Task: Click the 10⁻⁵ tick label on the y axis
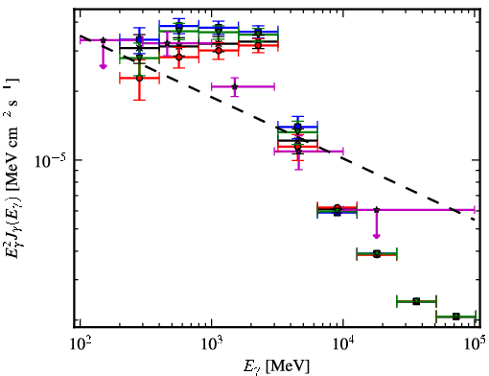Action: [x=50, y=160]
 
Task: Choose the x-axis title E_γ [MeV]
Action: [x=276, y=365]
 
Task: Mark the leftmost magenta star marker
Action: [x=103, y=40]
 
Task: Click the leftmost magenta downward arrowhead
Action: [x=103, y=66]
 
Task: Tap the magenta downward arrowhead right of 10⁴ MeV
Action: [x=377, y=236]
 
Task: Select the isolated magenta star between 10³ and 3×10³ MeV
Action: [x=235, y=86]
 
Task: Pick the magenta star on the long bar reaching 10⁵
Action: [x=377, y=210]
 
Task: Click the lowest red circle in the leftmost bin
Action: [x=139, y=78]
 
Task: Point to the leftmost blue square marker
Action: [x=139, y=40]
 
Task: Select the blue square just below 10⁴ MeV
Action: [x=337, y=212]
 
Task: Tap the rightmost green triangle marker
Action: [x=456, y=317]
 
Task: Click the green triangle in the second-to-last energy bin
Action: [x=416, y=301]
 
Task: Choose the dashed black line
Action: [x=277, y=128]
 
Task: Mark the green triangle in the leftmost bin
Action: [x=139, y=58]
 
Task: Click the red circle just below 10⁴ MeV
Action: [x=337, y=208]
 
